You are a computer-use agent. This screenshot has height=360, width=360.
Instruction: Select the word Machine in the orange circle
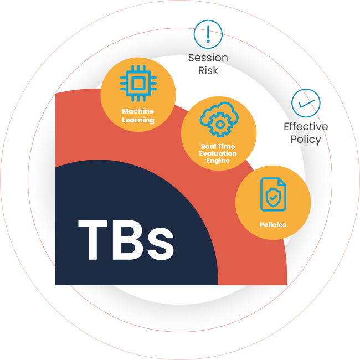pos(138,111)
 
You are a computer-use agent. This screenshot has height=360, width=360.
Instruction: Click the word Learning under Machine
pos(138,120)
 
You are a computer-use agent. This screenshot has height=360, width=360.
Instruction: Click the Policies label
pos(273,225)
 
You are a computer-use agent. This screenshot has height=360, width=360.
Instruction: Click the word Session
pos(208,58)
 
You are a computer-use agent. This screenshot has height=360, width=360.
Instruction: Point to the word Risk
pos(208,70)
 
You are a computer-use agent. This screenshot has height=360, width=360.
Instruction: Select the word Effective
pos(306,127)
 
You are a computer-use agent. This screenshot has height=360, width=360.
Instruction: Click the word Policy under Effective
pos(306,139)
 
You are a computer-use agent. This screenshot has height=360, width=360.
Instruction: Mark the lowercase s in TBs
pos(161,245)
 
